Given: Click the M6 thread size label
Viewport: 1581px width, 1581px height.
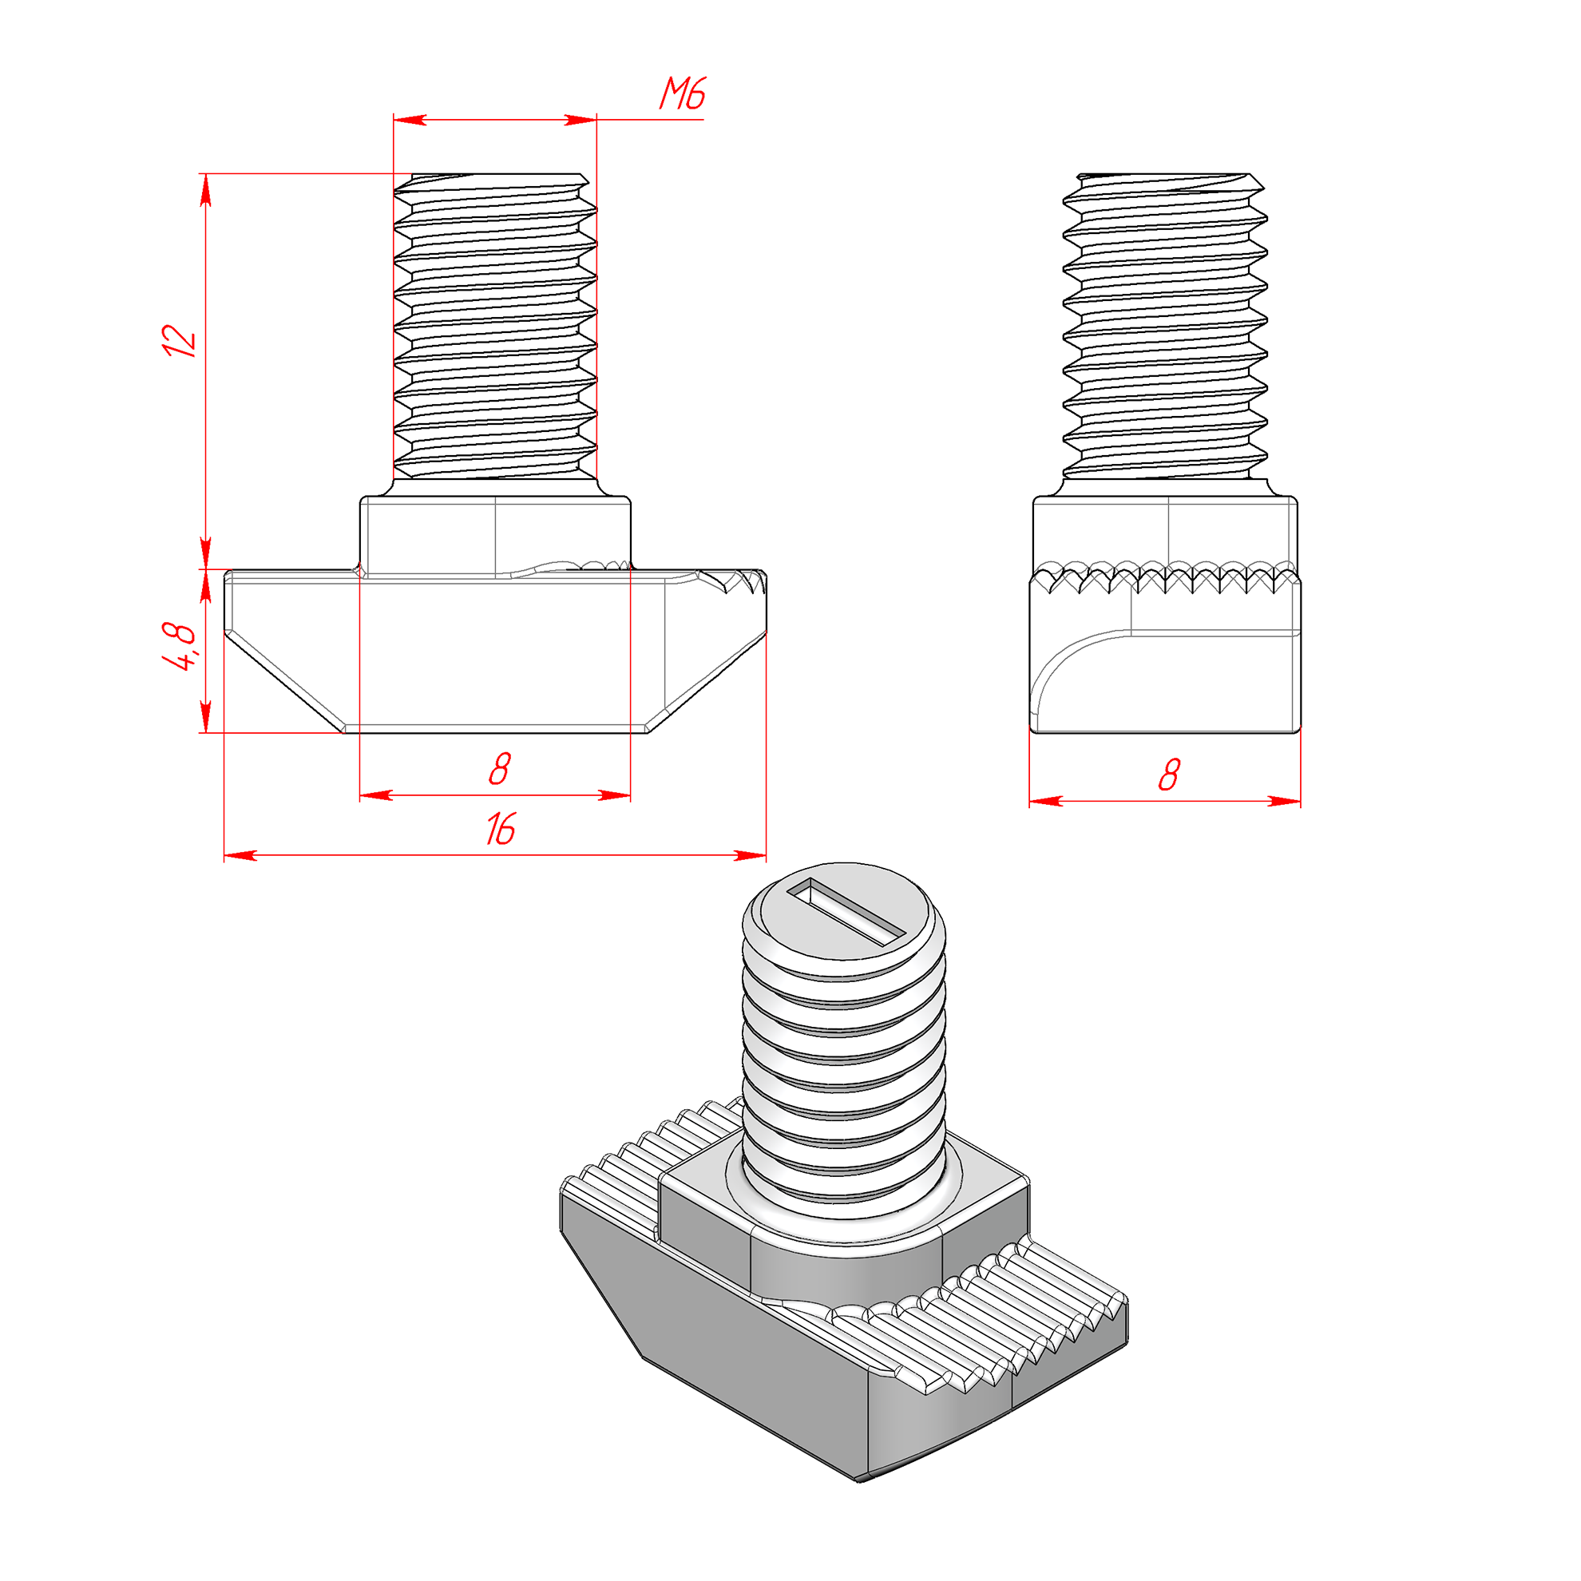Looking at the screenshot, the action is (683, 93).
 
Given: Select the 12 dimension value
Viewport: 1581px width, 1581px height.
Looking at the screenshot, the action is (179, 340).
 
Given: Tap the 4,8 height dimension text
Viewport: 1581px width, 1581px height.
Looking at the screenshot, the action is (179, 646).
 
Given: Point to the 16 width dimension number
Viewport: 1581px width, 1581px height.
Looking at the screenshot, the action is (500, 829).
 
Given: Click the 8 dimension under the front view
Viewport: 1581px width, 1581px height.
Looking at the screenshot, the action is (499, 769).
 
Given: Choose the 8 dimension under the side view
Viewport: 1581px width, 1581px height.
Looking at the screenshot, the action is (1170, 775).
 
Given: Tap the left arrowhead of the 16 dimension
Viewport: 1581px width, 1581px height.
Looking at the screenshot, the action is (240, 855).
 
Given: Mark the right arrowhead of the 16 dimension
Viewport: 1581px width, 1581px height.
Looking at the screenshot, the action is (751, 855).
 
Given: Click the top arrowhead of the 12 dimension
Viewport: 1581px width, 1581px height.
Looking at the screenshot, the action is (205, 189).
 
